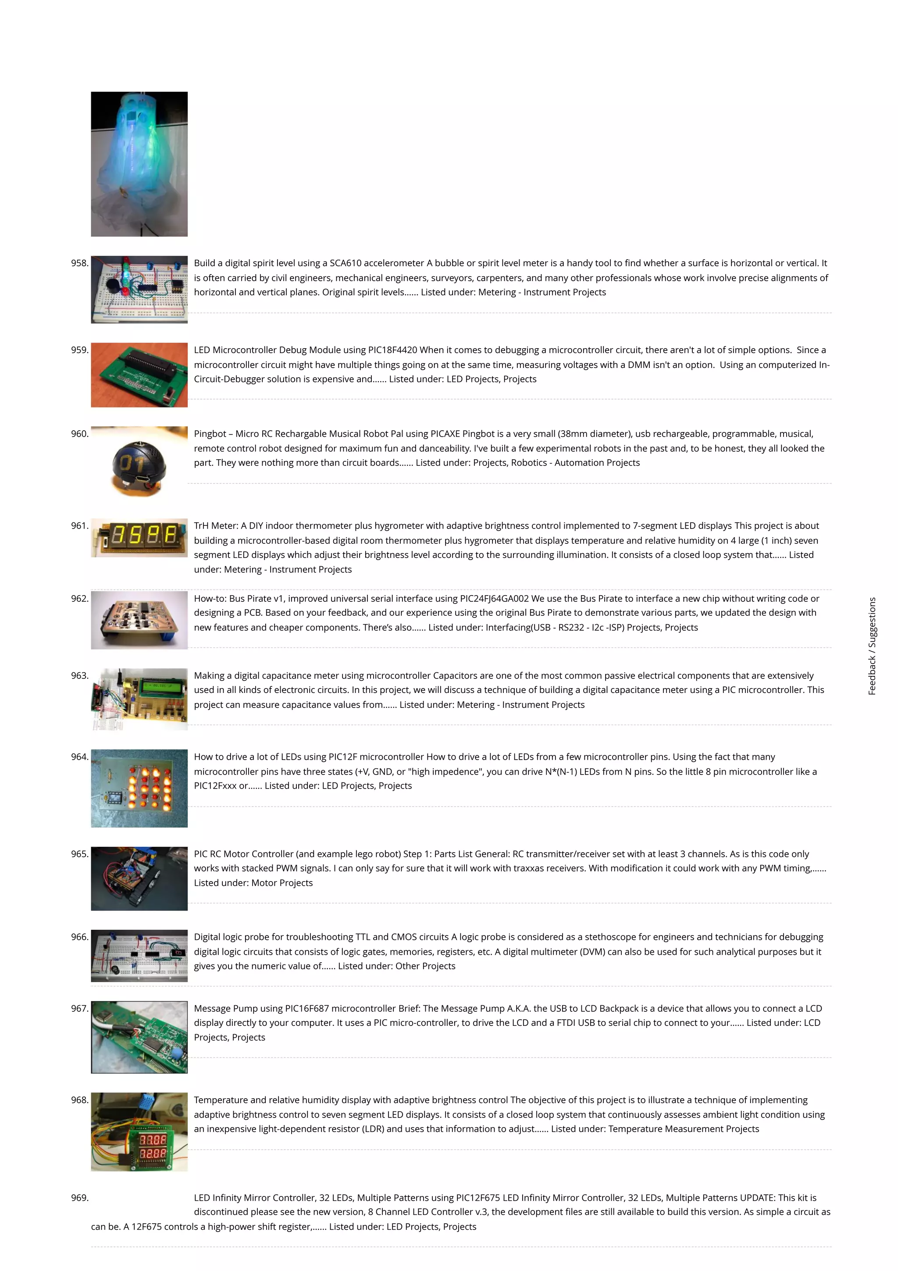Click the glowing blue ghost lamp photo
pyautogui.click(x=139, y=164)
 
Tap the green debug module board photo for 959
pyautogui.click(x=139, y=375)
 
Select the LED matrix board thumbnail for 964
pyautogui.click(x=139, y=788)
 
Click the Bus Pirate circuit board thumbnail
pyautogui.click(x=139, y=620)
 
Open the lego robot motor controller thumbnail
pyautogui.click(x=139, y=878)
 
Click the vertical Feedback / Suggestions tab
pyautogui.click(x=872, y=646)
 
